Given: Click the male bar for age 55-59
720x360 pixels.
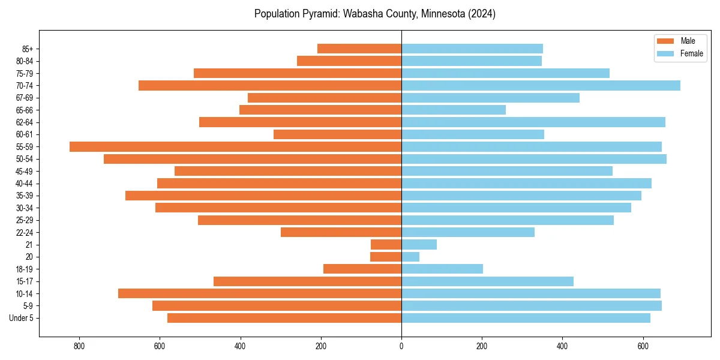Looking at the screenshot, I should click(235, 146).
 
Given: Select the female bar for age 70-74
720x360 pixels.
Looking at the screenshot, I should click(540, 85).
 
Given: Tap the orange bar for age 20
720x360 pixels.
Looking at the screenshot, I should click(386, 257).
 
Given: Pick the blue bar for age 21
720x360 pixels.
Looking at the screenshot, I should click(419, 244).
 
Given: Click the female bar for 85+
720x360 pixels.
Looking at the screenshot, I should click(472, 49).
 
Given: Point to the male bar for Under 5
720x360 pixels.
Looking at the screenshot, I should click(284, 318).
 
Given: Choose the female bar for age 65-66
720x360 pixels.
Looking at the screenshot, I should click(453, 110).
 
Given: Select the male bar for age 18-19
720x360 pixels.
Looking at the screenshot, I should click(362, 269).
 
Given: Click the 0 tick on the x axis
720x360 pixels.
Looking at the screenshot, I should click(401, 346).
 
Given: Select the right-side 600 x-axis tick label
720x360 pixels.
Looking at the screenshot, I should click(643, 346).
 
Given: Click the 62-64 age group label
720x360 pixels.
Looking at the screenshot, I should click(25, 122).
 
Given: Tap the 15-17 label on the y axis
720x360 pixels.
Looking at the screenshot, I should click(25, 281).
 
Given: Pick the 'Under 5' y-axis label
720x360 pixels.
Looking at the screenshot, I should click(22, 318).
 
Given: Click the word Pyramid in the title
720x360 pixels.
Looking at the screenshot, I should click(322, 14).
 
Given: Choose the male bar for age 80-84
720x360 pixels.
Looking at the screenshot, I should click(349, 61).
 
